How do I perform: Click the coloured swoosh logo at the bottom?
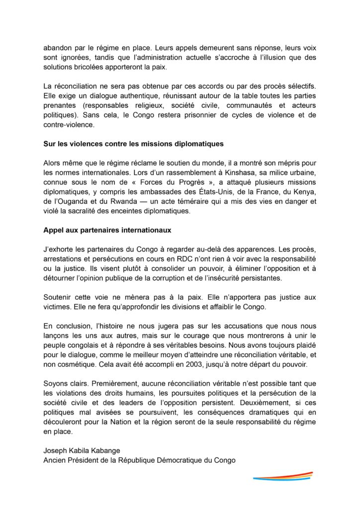click(282, 476)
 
